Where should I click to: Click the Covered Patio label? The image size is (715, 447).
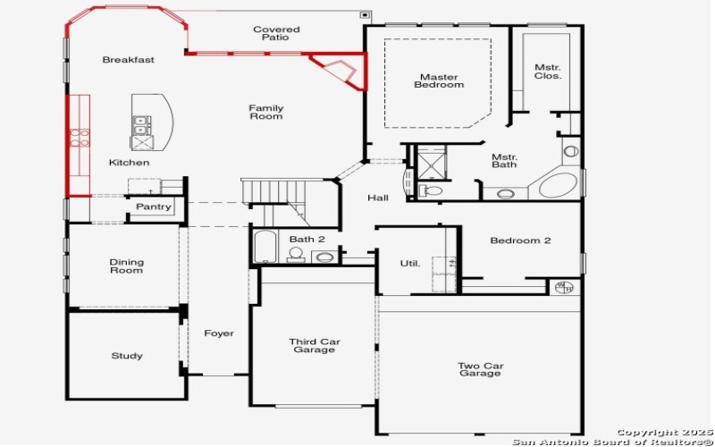pos(275,34)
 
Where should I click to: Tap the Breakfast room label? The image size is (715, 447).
pos(128,60)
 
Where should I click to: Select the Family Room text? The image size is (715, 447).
pos(265,112)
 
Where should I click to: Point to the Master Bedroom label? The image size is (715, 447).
pos(439,81)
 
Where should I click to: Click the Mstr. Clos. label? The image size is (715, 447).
pos(548,72)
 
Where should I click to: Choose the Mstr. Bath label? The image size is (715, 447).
pos(504,160)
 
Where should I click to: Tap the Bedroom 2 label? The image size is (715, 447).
pos(520,240)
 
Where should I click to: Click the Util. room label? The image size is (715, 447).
pos(409,263)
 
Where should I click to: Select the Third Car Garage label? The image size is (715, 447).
pos(314,345)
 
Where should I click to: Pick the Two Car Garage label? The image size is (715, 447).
pos(480,369)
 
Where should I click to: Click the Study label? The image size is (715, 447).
pos(126,356)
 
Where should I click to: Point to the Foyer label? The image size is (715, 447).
pos(218,333)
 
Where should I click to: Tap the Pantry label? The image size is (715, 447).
pos(153,207)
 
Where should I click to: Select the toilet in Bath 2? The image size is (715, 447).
pos(296,254)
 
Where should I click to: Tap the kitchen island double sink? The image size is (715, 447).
pos(140,133)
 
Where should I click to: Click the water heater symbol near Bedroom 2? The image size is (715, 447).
pos(563,287)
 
